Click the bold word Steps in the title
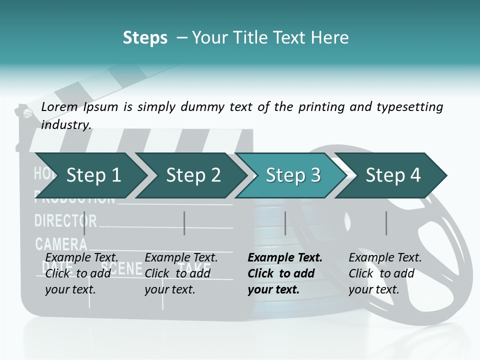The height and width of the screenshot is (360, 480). [145, 38]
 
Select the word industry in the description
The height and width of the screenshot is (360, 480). [66, 124]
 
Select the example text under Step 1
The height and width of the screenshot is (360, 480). [81, 273]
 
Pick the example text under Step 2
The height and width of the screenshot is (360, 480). [180, 273]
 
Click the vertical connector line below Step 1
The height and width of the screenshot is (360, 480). [84, 223]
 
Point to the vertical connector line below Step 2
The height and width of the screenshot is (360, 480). [184, 223]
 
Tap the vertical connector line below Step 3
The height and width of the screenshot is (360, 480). [285, 223]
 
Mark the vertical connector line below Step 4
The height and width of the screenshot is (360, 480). [386, 223]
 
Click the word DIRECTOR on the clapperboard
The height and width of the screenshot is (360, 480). [65, 220]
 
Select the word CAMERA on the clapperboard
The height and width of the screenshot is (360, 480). [61, 244]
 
